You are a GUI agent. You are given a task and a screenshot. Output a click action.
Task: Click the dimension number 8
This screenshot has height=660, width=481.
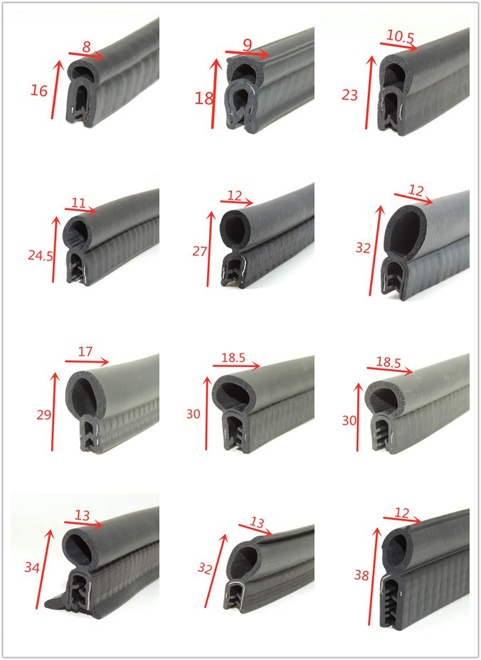[x=86, y=47]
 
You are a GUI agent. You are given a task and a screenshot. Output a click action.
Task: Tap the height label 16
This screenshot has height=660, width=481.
[x=38, y=90]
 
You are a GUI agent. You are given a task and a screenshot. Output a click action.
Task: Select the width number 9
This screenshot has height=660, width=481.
[x=247, y=45]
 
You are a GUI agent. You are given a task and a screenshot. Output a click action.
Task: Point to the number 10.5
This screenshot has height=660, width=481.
[x=400, y=38]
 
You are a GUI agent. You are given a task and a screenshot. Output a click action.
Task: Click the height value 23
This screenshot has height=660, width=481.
[x=349, y=95]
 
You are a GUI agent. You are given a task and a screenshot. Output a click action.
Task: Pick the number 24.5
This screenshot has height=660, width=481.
[x=41, y=255]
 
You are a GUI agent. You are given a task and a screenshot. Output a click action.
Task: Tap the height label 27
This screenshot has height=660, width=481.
[x=200, y=251]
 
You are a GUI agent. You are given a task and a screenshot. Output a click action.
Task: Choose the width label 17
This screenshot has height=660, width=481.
[x=85, y=351]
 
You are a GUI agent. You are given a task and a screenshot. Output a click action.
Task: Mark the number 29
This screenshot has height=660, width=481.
[x=44, y=415]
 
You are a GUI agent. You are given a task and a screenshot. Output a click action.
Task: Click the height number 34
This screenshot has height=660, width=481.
[x=31, y=568]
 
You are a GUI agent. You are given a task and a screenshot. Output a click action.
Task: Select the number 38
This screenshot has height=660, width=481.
[x=361, y=575]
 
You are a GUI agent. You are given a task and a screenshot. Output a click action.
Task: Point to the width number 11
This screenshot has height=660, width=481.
[x=78, y=203]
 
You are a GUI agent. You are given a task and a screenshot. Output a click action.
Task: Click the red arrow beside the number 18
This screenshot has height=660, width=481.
[x=215, y=93]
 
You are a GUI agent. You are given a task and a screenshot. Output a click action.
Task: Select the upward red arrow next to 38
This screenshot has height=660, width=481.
[x=373, y=576]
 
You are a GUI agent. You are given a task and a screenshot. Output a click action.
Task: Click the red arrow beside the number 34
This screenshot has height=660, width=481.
[x=44, y=569]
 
